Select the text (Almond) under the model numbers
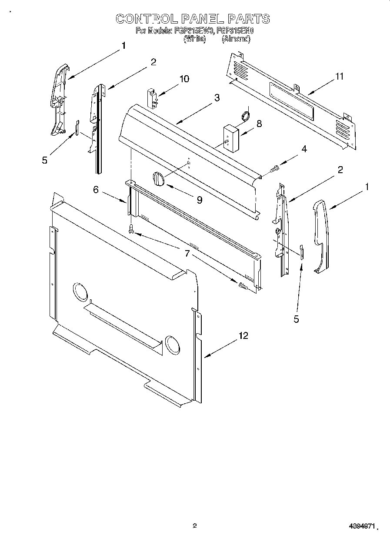click(236, 39)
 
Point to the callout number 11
click(339, 77)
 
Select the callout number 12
click(243, 336)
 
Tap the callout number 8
click(259, 124)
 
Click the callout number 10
click(184, 79)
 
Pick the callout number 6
click(96, 190)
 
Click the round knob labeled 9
click(158, 179)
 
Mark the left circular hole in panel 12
click(80, 292)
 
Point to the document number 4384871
click(361, 526)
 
